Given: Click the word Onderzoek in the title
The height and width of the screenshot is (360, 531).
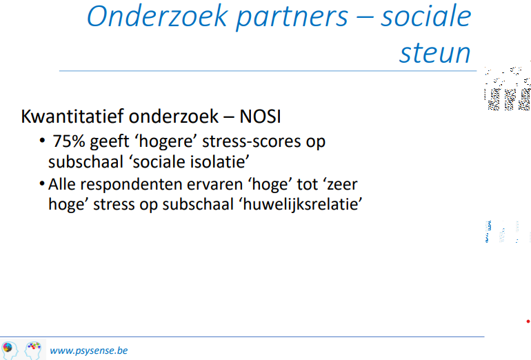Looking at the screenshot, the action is pos(157,16).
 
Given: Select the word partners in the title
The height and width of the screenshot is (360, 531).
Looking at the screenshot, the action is pos(292,18).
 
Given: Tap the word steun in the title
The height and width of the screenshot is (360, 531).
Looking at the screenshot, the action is pos(435,53).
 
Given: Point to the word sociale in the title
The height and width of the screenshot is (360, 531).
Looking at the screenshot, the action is pos(426,16).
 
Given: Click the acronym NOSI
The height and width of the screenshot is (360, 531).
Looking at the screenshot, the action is pos(260,117).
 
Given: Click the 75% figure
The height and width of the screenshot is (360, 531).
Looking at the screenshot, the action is pos(69,141).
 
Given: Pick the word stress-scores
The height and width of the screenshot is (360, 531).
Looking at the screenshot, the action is pos(251,141).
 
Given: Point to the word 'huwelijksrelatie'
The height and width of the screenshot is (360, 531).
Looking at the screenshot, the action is pos(303,204).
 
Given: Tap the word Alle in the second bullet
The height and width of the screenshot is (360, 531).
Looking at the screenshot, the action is pos(62,184).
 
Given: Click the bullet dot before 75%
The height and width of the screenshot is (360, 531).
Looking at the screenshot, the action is pos(42,140).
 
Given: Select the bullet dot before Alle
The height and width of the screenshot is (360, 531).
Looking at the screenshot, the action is pos(42,184).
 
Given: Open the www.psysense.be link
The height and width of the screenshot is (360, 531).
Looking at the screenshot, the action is pos(89,350).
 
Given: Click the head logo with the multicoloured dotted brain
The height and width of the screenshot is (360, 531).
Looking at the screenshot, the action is pos(33,350).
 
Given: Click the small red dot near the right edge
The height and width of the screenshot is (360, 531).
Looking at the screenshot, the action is pos(528,321).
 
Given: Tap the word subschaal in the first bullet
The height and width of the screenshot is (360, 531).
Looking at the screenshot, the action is pos(86,161).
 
